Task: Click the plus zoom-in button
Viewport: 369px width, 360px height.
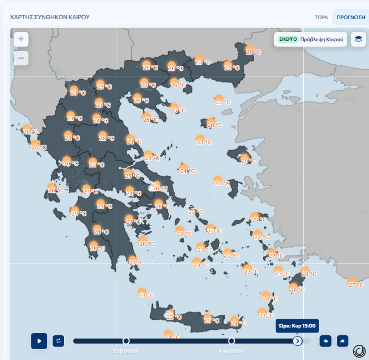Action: coord(21,40)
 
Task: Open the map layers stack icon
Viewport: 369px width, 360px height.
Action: coord(358,39)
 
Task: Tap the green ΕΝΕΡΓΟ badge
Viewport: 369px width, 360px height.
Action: coord(288,39)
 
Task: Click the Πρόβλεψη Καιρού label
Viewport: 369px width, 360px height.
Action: coord(322,39)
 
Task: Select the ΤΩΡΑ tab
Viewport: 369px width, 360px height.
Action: coord(321,18)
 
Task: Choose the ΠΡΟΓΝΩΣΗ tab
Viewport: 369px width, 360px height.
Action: coord(351,18)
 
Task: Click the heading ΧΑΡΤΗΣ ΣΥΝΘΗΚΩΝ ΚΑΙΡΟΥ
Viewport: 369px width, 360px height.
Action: coord(49,17)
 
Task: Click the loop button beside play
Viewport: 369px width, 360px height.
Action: coord(58,341)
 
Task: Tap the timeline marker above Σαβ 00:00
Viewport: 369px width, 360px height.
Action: coord(126,341)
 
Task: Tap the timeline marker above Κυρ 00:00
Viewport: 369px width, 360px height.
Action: coord(231,341)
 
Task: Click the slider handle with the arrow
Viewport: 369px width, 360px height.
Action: coord(297,341)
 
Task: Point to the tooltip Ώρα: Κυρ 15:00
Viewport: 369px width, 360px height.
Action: coord(297,326)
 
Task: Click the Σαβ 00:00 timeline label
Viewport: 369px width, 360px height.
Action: coord(126,351)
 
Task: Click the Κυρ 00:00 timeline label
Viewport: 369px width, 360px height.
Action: coord(231,351)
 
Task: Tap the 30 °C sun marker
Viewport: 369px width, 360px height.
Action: coord(67,161)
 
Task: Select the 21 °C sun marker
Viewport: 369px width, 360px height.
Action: coord(70,116)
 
